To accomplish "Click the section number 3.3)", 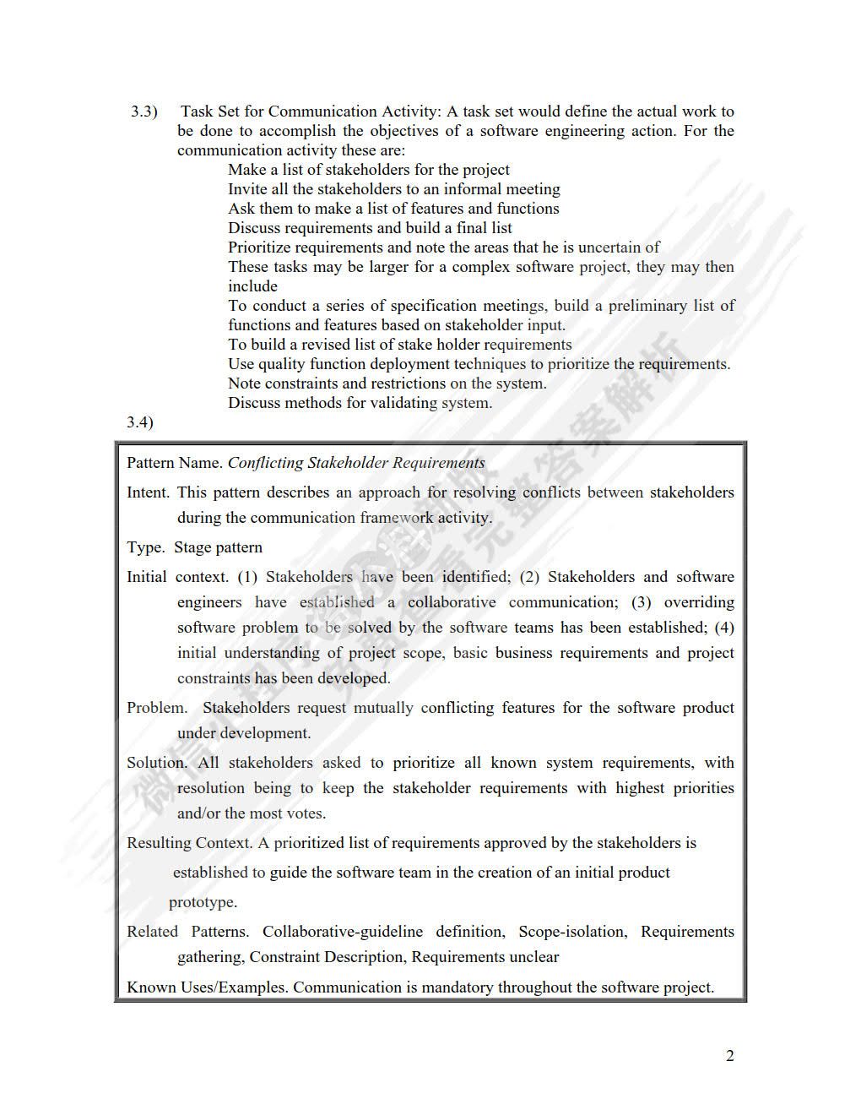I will (x=143, y=111).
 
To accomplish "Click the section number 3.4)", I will (x=140, y=422).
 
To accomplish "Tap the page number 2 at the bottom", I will (x=729, y=1055).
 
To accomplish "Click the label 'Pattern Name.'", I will (x=175, y=463).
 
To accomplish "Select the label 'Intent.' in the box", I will (x=149, y=492).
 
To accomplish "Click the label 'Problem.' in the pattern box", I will (x=157, y=708).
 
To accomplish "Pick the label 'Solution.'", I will (x=158, y=763).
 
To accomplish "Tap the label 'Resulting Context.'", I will (x=189, y=843).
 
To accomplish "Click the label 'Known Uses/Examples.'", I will (x=207, y=987).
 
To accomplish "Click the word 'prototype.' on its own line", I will (x=203, y=902).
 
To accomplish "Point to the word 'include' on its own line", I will (x=252, y=286).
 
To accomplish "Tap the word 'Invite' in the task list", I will (x=247, y=189).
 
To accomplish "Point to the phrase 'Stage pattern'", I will (x=218, y=547).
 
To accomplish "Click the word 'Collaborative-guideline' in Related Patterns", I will (x=343, y=932).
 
